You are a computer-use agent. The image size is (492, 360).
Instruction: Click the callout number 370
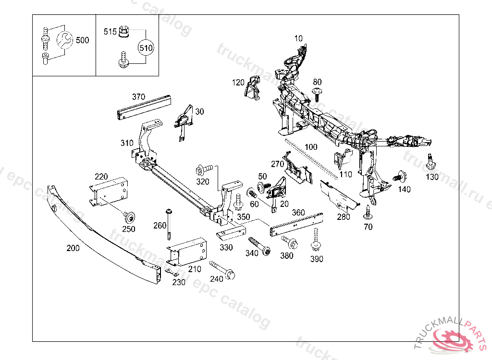138,96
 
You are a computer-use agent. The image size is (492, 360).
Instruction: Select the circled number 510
146,48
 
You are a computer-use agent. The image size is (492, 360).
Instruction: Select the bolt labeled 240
222,270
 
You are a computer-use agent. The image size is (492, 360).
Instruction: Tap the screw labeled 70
368,212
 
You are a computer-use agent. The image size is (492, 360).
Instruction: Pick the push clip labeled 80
317,93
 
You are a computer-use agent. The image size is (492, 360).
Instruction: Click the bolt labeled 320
204,169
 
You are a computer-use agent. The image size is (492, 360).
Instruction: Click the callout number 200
73,248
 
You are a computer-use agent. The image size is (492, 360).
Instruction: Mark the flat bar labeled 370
144,108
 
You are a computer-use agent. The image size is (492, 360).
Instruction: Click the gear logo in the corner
455,340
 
